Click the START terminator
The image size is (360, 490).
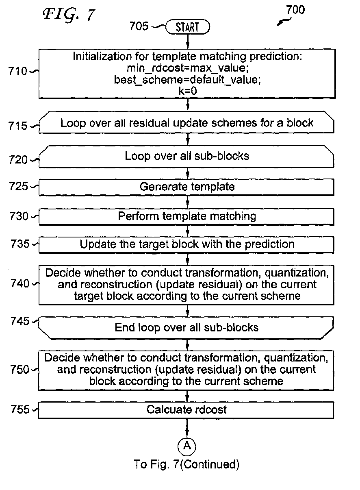pos(188,27)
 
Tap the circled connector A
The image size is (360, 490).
pos(187,446)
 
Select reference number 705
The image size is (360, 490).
pos(139,26)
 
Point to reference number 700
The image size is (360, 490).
pos(295,10)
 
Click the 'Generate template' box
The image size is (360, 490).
pos(187,187)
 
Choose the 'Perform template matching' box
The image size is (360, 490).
pos(187,217)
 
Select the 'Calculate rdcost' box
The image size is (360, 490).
pos(186,410)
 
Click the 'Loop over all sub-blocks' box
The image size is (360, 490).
pos(187,157)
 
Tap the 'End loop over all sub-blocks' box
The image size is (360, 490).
pos(186,328)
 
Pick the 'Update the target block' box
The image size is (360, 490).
pos(187,245)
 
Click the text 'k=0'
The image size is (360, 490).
pos(188,91)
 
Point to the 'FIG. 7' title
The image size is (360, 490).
pos(69,15)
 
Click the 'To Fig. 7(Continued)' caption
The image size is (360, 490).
pos(187,464)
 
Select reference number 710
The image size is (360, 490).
pos(17,71)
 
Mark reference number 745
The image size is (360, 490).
pos(20,321)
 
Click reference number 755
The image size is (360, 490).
pos(20,409)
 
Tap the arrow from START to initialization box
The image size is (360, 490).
pos(188,41)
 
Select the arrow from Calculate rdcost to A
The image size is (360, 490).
pos(187,428)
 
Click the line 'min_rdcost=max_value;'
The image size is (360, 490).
pos(188,68)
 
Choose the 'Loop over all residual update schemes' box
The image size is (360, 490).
pos(187,122)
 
